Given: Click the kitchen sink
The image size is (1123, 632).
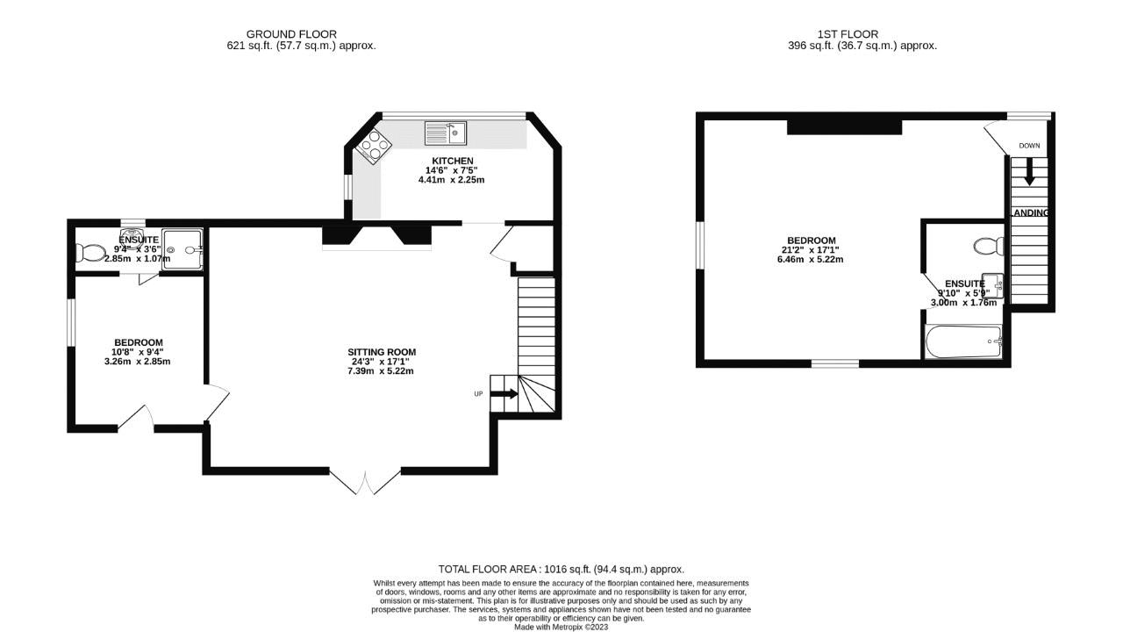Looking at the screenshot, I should point(446,133).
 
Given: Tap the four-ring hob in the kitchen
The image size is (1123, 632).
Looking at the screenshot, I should point(371,144).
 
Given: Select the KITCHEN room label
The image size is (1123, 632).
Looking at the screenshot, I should point(452,161).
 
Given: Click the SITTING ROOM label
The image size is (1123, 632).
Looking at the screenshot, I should point(381,352).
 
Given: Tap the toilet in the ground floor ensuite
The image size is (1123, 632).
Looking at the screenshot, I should point(89,253).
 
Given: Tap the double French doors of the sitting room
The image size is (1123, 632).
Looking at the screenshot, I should point(365,481).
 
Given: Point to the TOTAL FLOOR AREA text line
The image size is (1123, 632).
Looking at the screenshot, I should point(561,569).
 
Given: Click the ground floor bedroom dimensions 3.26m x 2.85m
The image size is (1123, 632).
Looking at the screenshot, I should point(138,362).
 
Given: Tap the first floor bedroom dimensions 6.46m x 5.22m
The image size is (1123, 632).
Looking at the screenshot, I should point(810,260).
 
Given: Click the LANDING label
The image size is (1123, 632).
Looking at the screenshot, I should point(1030,213).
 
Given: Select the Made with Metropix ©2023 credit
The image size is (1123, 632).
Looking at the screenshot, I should point(561,627).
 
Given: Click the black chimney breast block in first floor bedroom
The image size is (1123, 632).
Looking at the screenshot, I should point(844,127).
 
